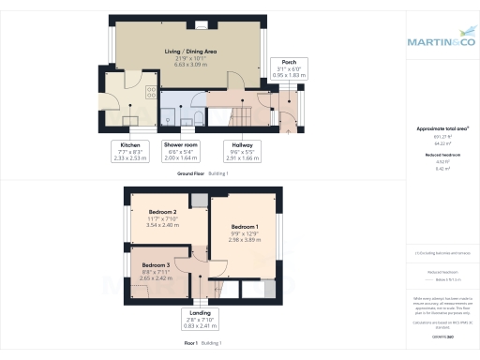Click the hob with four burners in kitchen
tap(150, 93)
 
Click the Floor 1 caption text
tap(191, 344)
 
